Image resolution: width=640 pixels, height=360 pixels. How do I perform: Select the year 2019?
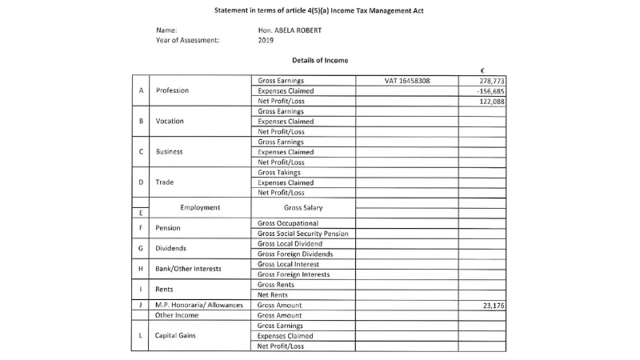click(266, 41)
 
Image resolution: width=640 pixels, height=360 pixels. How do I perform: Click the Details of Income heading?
click(321, 61)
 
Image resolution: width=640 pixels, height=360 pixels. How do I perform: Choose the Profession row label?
click(172, 91)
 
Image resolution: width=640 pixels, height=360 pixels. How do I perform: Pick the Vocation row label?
click(170, 122)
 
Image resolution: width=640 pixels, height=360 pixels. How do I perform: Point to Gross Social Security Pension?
click(302, 234)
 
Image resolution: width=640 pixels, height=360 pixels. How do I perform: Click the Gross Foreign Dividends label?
click(295, 254)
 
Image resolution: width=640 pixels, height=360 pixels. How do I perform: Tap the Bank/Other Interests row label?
click(188, 269)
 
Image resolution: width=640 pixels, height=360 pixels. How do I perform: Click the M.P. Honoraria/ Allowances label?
click(199, 306)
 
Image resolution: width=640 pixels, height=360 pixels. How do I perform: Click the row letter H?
click(141, 269)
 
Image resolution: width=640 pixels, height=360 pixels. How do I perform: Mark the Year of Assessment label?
click(187, 41)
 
